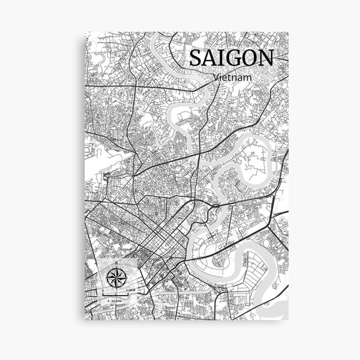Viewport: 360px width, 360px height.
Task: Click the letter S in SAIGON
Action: coord(195,58)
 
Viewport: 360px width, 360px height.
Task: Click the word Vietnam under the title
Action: coord(231,77)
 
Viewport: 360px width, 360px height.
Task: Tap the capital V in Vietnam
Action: coord(215,77)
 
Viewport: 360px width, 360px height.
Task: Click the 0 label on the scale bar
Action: coord(103,290)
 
